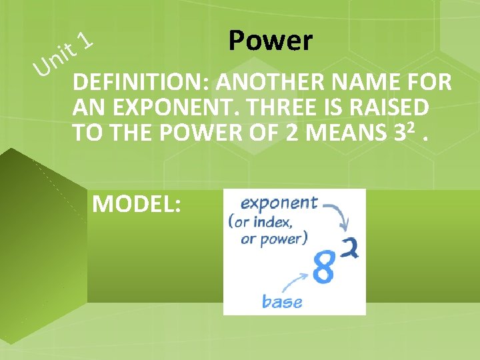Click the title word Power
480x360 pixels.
pyautogui.click(x=269, y=41)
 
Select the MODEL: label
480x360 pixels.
pyautogui.click(x=136, y=203)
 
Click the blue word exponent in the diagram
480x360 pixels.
pyautogui.click(x=279, y=203)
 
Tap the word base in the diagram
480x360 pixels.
pyautogui.click(x=281, y=301)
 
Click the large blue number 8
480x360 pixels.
pyautogui.click(x=324, y=268)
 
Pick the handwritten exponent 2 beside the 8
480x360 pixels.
pyautogui.click(x=351, y=247)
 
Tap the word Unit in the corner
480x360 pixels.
pyautogui.click(x=54, y=58)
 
